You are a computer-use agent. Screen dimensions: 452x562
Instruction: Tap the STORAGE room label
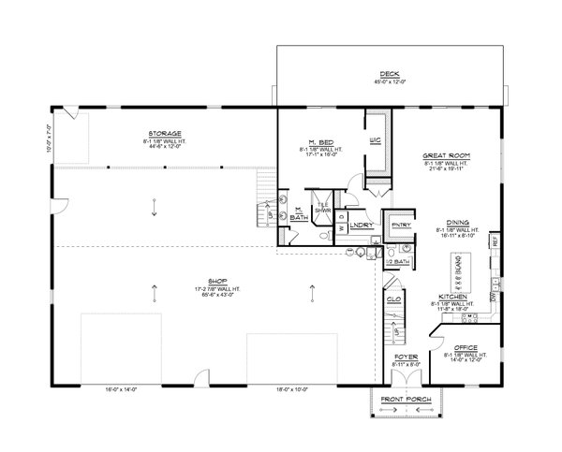coord(164,134)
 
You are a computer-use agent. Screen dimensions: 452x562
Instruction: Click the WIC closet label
coord(374,140)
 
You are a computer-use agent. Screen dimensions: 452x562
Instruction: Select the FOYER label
coord(406,357)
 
